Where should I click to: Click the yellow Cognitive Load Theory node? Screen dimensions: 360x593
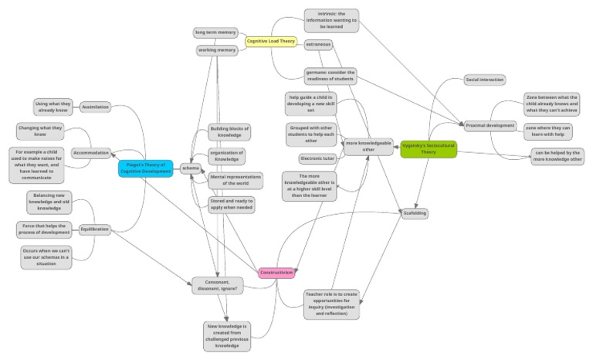coord(270,41)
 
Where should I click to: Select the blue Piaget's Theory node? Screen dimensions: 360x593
coord(146,168)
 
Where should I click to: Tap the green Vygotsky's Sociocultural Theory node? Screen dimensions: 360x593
coord(427,148)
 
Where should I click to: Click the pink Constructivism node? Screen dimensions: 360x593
coord(276,273)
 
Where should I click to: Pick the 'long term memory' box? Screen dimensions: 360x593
coord(215,32)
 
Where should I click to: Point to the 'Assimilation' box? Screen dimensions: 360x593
coord(95,107)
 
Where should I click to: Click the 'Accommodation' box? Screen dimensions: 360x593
coord(92,153)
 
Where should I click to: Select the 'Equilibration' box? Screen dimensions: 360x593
coord(94,229)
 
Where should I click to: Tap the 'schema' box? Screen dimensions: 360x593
coord(190,168)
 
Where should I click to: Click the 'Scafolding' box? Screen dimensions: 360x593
coord(415,212)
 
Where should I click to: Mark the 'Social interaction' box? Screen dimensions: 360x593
coord(486,80)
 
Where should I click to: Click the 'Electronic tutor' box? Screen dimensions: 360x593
coord(318,159)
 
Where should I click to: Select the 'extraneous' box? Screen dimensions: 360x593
coord(318,44)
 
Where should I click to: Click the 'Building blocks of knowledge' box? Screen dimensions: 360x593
coord(236,132)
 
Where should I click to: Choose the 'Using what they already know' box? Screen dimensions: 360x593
coord(53,107)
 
